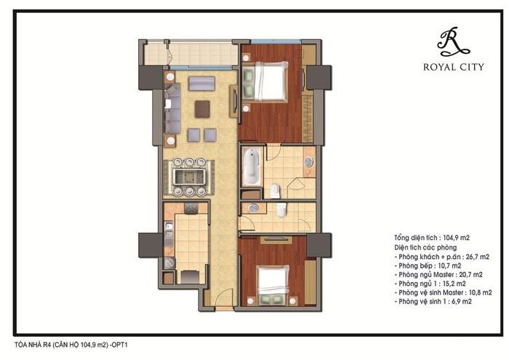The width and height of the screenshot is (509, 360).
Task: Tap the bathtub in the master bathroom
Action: [251, 167]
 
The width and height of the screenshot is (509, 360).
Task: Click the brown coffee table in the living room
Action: [202, 109]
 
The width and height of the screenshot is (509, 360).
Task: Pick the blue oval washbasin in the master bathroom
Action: [309, 162]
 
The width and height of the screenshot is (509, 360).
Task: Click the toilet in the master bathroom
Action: [275, 191]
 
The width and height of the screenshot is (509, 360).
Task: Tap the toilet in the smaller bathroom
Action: [282, 210]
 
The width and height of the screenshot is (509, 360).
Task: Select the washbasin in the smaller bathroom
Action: [253, 208]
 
